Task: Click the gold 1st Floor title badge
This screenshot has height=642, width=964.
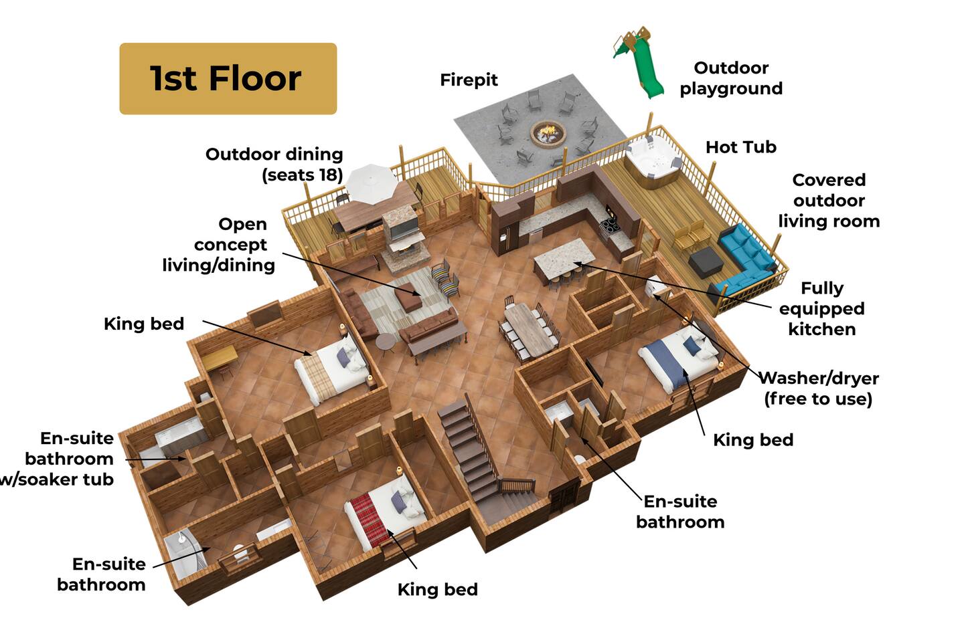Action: [228, 79]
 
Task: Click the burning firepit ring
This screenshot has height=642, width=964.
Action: [548, 133]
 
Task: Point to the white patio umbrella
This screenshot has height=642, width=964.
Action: [372, 184]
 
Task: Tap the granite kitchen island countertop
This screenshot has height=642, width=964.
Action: [564, 258]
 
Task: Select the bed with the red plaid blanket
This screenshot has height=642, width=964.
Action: [384, 514]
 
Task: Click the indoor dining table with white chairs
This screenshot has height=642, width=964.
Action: [530, 328]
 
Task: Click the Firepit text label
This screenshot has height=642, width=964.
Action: [469, 80]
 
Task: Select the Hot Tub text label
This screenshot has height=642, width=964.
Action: [741, 148]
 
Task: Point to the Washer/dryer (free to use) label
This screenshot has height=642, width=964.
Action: [819, 389]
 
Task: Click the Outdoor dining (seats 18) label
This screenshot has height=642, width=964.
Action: [274, 165]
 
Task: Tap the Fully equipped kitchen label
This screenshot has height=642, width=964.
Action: [822, 308]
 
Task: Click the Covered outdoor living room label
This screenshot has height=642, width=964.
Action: [829, 201]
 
